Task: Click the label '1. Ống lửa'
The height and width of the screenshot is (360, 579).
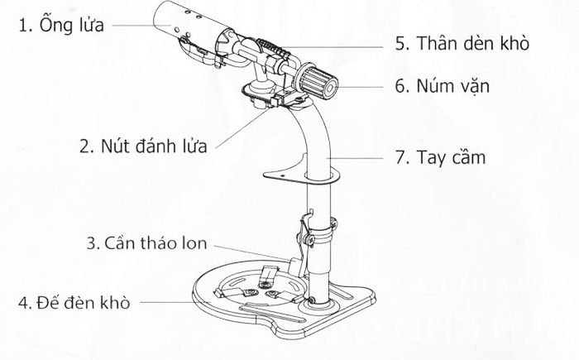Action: [61, 25]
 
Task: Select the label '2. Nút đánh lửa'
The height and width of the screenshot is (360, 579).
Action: [142, 146]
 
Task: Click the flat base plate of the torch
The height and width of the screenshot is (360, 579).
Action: [248, 310]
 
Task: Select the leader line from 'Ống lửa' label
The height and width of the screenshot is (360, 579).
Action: [141, 26]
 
